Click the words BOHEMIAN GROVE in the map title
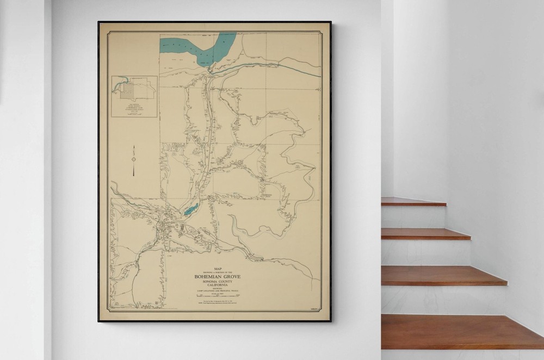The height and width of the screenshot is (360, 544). pyautogui.click(x=218, y=277)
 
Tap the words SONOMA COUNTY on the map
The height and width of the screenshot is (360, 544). pyautogui.click(x=218, y=283)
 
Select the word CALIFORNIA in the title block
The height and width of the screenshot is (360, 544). pyautogui.click(x=218, y=287)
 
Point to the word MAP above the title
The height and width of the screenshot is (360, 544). pyautogui.click(x=218, y=269)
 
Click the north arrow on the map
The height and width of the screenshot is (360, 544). pyautogui.click(x=133, y=160)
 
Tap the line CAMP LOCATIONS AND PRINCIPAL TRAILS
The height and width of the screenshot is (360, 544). pyautogui.click(x=218, y=292)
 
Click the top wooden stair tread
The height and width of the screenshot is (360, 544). pyautogui.click(x=413, y=202)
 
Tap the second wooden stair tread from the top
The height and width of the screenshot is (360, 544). pyautogui.click(x=425, y=234)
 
